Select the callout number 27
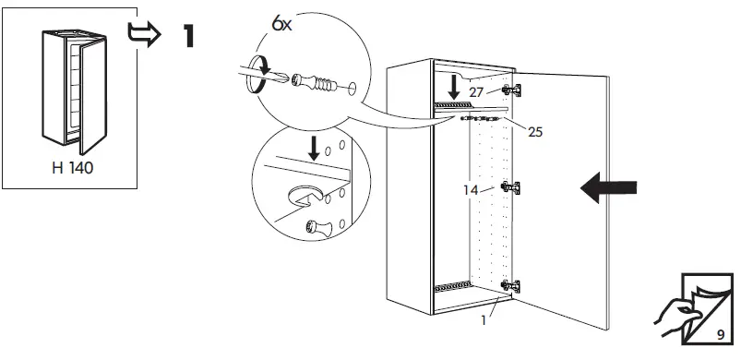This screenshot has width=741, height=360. (x=476, y=92)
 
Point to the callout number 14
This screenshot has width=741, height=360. (x=471, y=190)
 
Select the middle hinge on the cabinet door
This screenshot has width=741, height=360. (x=507, y=186)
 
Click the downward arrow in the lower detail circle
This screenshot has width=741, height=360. (x=316, y=147)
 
